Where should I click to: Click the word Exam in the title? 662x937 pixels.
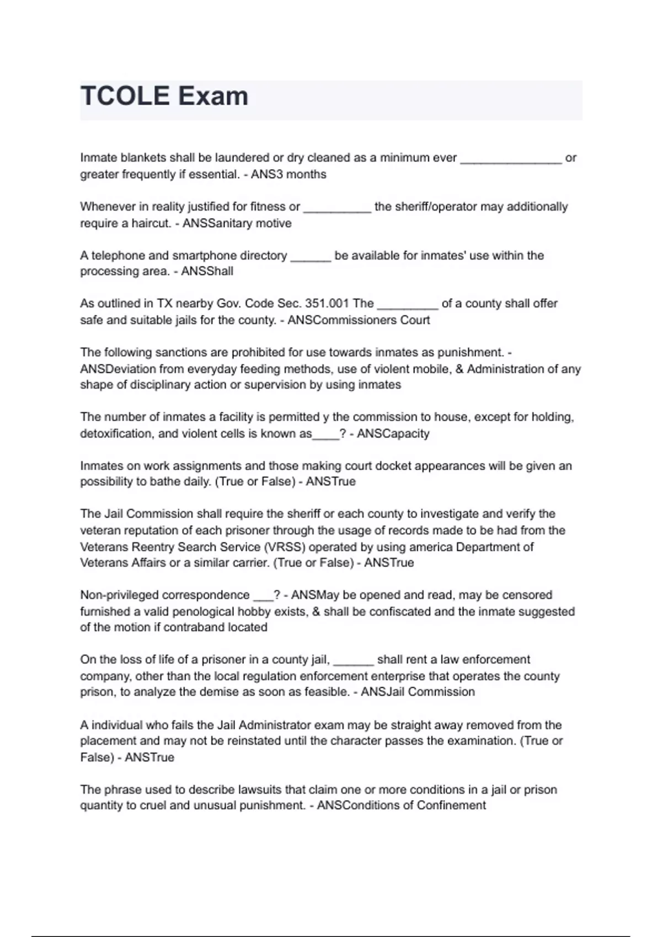pyautogui.click(x=212, y=96)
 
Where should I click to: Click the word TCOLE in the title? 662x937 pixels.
pyautogui.click(x=125, y=96)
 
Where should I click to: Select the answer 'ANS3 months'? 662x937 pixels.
pyautogui.click(x=289, y=174)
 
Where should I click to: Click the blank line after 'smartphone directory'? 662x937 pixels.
pyautogui.click(x=311, y=256)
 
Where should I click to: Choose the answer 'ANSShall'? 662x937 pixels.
pyautogui.click(x=207, y=271)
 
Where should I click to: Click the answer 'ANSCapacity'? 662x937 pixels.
pyautogui.click(x=393, y=434)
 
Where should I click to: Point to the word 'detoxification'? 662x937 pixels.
pyautogui.click(x=115, y=434)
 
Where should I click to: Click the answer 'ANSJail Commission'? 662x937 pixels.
pyautogui.click(x=418, y=692)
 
